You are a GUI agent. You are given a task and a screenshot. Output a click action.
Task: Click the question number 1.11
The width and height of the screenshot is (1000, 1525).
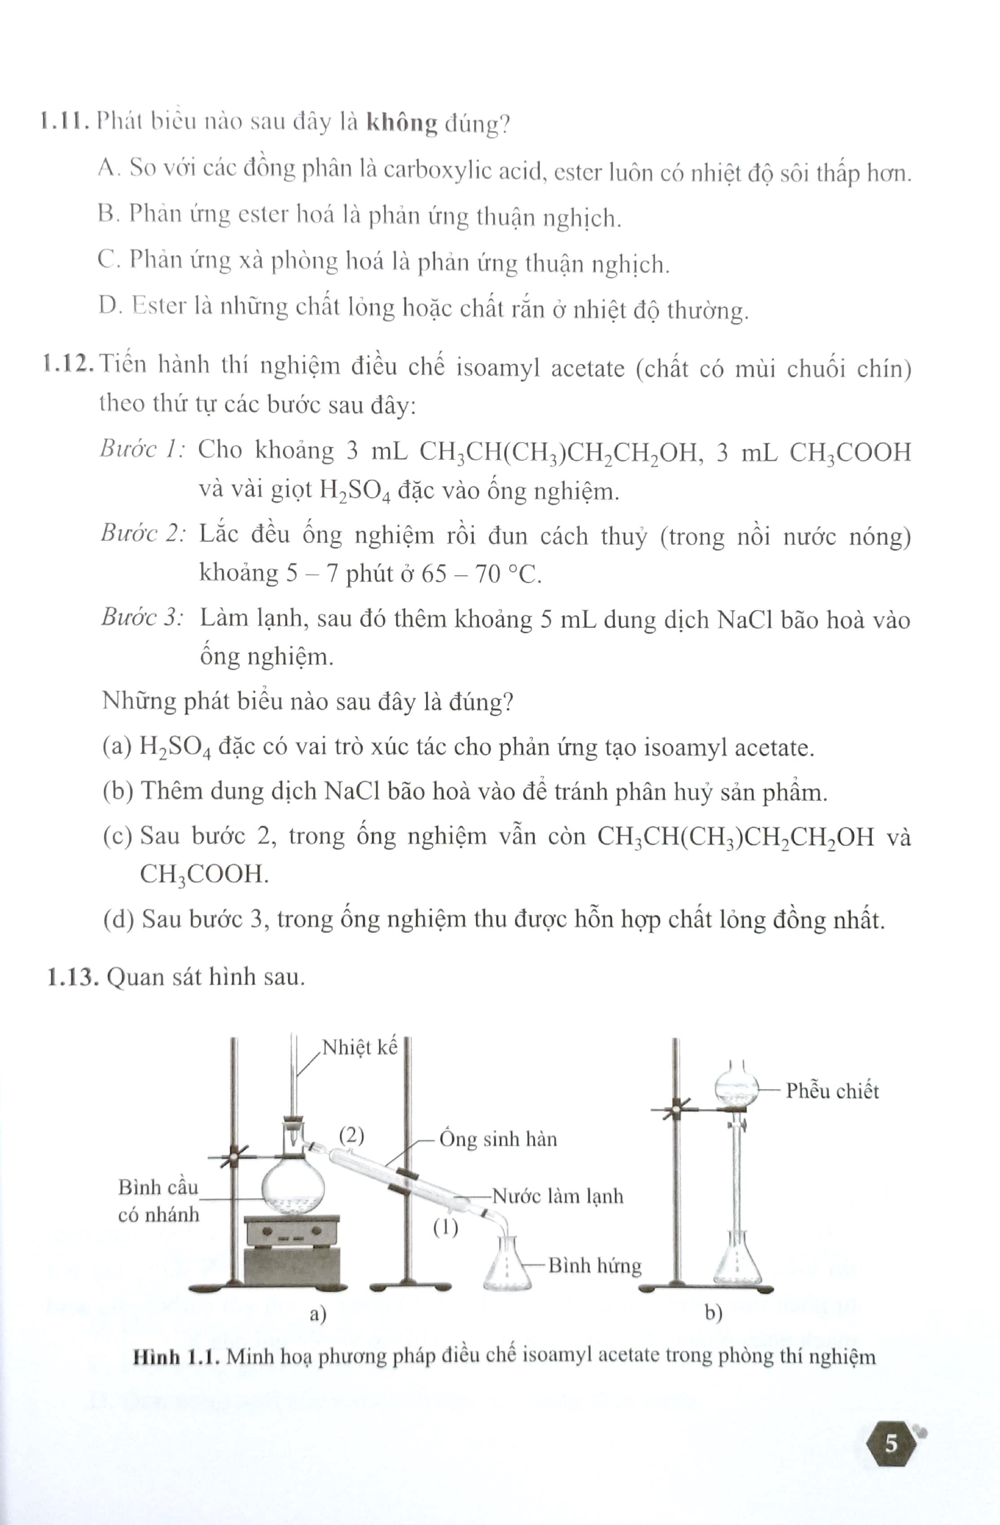click(x=63, y=122)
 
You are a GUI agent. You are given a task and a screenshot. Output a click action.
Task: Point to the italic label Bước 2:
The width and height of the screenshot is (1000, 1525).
click(x=143, y=533)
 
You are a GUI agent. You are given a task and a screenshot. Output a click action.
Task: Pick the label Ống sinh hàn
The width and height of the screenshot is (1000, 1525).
click(x=498, y=1139)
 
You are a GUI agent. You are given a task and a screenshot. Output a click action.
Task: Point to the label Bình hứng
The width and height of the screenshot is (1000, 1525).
click(x=595, y=1265)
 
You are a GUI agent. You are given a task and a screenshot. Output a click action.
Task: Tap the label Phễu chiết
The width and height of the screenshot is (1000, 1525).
click(x=832, y=1091)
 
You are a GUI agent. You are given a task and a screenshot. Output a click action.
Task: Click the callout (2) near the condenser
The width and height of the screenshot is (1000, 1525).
click(x=351, y=1135)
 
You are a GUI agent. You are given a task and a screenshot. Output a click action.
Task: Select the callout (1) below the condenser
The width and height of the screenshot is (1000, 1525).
click(x=445, y=1228)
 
